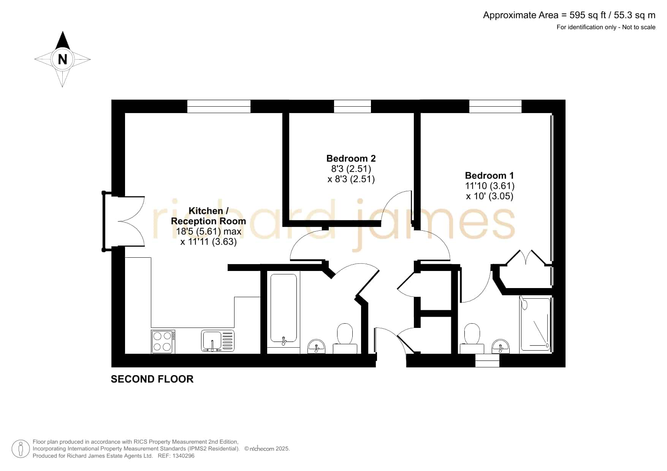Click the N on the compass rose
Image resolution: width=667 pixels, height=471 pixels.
pyautogui.click(x=62, y=59)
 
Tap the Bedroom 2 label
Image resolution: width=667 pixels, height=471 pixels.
pyautogui.click(x=351, y=158)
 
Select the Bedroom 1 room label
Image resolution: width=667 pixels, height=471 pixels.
pyautogui.click(x=489, y=175)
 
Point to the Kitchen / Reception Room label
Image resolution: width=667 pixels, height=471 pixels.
pyautogui.click(x=208, y=216)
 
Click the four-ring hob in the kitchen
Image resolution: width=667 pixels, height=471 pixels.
pyautogui.click(x=163, y=342)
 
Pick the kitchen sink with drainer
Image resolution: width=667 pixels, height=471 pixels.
pyautogui.click(x=218, y=341)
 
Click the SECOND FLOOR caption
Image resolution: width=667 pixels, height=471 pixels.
pyautogui.click(x=152, y=379)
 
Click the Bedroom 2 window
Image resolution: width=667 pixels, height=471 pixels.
pyautogui.click(x=352, y=106)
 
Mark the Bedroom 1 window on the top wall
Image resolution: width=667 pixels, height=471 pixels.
pyautogui.click(x=495, y=106)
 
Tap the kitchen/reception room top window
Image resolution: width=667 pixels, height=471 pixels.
pyautogui.click(x=219, y=106)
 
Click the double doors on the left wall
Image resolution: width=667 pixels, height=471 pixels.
pyautogui.click(x=124, y=221)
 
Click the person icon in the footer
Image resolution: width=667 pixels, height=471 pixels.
pyautogui.click(x=21, y=449)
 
